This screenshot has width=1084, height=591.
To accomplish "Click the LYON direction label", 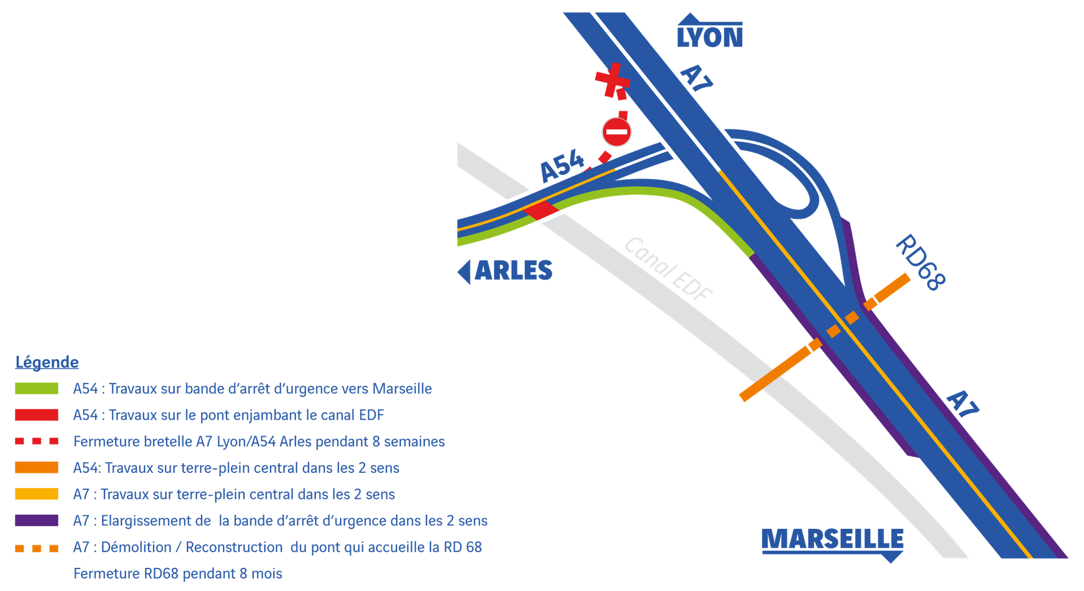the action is (x=709, y=37).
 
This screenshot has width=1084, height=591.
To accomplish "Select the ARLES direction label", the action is (x=513, y=271).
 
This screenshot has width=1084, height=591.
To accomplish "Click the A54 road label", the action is (x=562, y=166).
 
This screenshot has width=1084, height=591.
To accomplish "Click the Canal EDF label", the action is (x=668, y=268).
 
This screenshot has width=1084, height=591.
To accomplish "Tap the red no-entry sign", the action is (x=616, y=132).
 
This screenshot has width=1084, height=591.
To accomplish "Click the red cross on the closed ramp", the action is (x=612, y=80).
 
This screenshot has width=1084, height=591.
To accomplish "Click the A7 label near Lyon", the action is (x=696, y=77).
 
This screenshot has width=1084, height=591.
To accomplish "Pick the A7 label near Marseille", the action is (x=962, y=403).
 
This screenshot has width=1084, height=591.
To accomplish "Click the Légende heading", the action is (x=47, y=362).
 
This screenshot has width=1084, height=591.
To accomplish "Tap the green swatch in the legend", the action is (x=37, y=389).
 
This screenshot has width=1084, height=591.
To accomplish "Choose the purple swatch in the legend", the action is (x=37, y=520).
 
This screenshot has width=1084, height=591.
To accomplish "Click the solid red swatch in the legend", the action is (x=37, y=415).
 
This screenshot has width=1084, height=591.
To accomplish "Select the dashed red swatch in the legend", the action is (x=37, y=441).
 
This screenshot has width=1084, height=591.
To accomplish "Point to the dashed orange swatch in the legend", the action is (x=37, y=548).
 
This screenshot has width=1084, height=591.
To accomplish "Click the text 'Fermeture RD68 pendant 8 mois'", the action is (x=178, y=573).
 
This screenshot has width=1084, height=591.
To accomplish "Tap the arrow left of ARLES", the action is (x=464, y=272).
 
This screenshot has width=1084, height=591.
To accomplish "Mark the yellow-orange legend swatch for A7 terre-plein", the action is (x=37, y=494).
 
